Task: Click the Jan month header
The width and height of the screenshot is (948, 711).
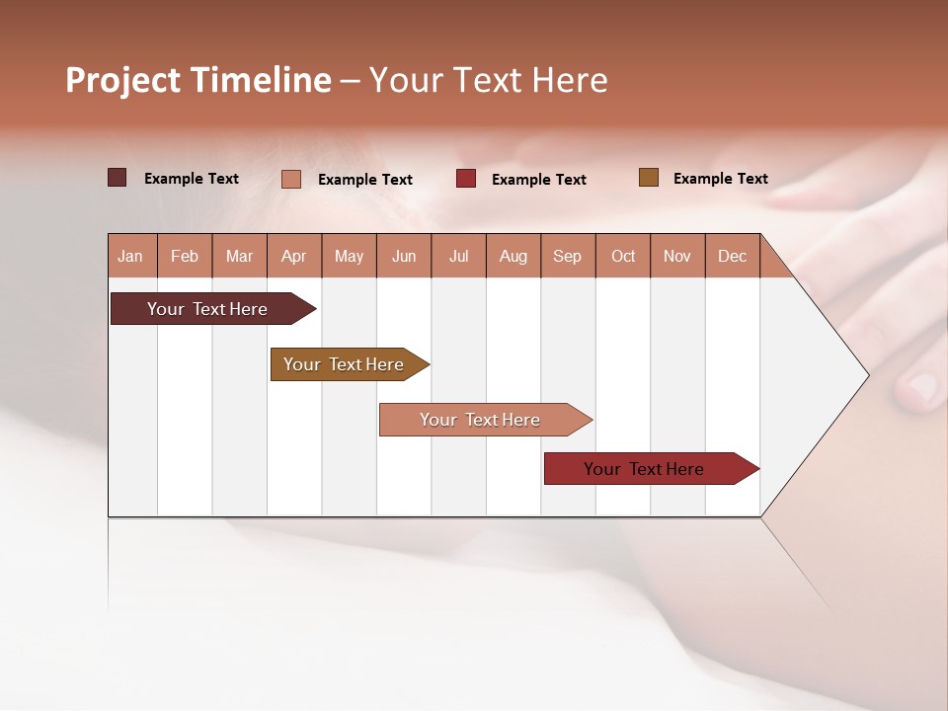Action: (131, 256)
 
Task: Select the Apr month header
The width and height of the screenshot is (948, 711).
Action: (294, 256)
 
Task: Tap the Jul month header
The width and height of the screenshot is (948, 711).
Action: (458, 256)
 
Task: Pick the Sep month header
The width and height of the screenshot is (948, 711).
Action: (568, 256)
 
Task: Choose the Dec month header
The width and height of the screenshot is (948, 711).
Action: (732, 256)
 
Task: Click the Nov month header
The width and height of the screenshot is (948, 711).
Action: (677, 256)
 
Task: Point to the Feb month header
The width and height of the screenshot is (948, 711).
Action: (185, 256)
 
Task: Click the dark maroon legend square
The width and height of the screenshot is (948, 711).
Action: (117, 178)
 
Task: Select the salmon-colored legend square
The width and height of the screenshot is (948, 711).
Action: (290, 179)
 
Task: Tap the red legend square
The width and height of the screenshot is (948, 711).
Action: (466, 178)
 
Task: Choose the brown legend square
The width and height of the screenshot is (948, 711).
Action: (648, 178)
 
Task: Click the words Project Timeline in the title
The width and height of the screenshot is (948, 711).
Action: (197, 80)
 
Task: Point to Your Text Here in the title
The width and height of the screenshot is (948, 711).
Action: (488, 80)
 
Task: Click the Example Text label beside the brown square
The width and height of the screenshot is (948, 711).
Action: (720, 178)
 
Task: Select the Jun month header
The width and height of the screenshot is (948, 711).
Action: (404, 256)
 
